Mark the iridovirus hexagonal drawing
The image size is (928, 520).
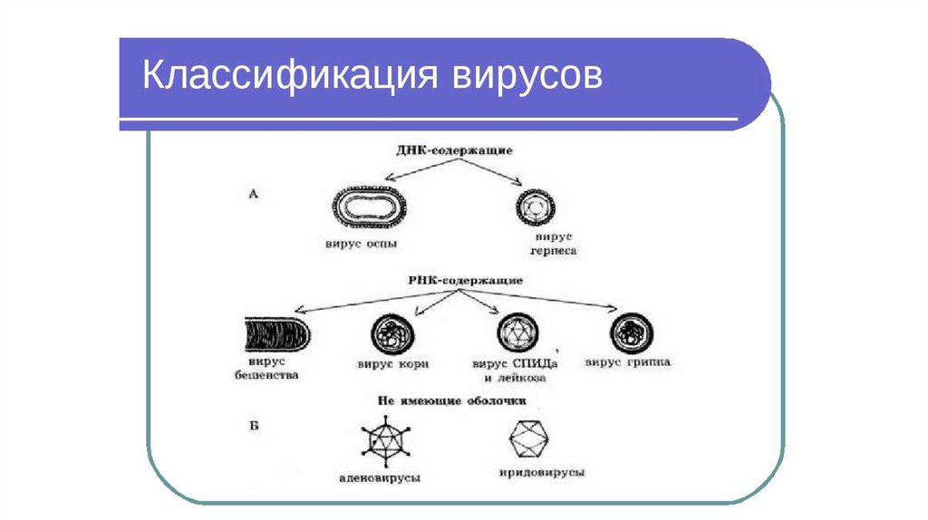(531, 441)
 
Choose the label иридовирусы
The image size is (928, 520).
(541, 473)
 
